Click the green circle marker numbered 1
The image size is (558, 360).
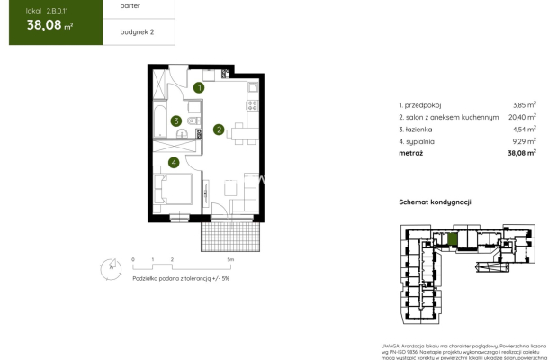tap(200, 88)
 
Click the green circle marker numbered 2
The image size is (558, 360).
tap(218, 130)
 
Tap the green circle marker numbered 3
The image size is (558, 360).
tap(177, 121)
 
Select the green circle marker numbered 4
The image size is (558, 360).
tap(173, 163)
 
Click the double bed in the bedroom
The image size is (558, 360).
tap(173, 192)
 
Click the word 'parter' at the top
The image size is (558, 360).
tap(117, 6)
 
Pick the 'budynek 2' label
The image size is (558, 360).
tap(122, 32)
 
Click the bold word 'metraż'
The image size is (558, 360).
tap(411, 153)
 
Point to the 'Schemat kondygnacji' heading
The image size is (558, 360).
tap(436, 203)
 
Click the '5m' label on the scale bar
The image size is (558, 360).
tap(230, 259)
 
